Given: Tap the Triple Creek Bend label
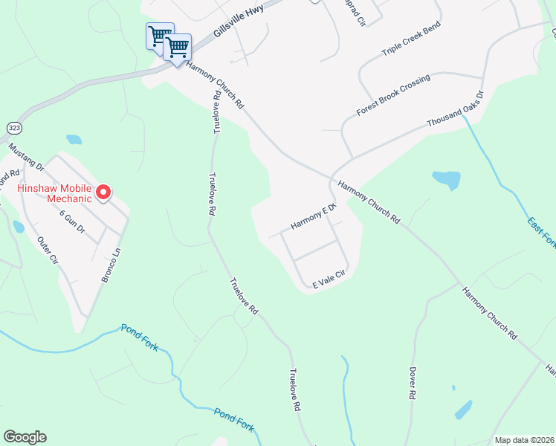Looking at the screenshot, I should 411,39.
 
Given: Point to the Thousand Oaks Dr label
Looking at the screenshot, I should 455,111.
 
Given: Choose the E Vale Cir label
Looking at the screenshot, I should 329,279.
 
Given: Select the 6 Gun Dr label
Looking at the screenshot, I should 72,222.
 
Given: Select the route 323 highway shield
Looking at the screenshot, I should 14,128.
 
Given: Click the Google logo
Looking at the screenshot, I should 25,437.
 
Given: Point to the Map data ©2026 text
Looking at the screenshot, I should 523,440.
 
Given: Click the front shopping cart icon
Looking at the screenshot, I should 178,48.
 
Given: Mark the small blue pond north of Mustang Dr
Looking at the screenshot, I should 74,139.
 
